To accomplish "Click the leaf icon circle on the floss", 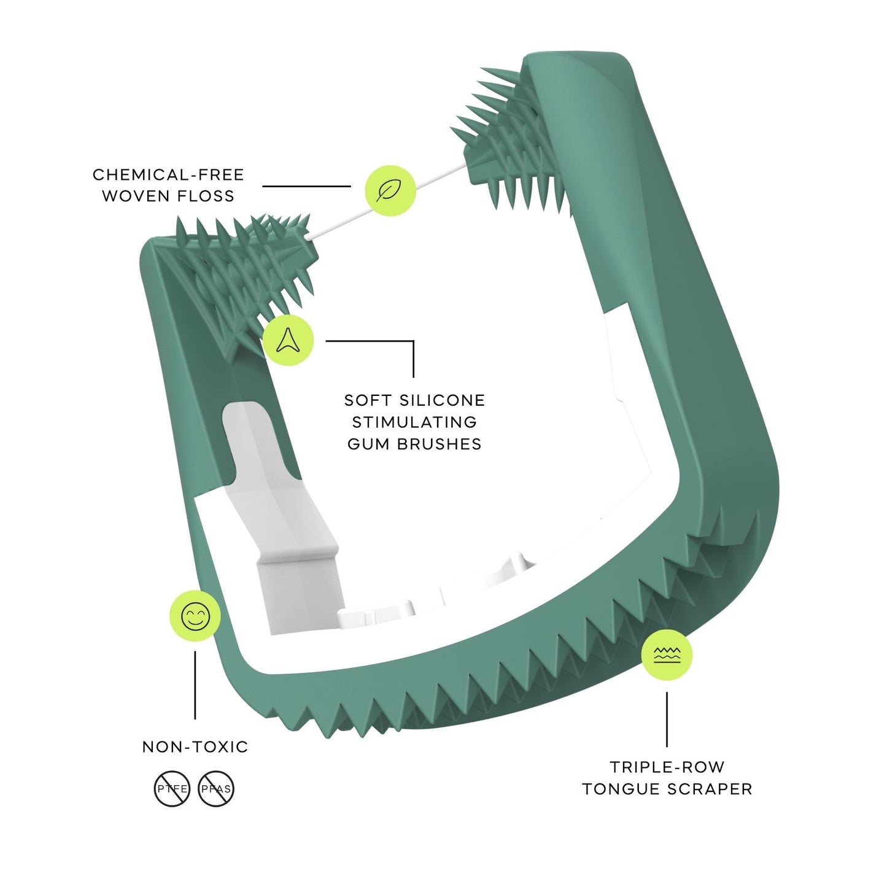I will pyautogui.click(x=390, y=190).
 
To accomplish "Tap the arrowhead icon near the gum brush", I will pyautogui.click(x=288, y=340).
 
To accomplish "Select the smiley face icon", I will pyautogui.click(x=195, y=616).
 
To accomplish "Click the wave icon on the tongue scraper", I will pyautogui.click(x=667, y=654).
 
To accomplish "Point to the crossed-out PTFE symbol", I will pyautogui.click(x=172, y=789).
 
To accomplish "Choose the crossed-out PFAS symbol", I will pyautogui.click(x=216, y=789).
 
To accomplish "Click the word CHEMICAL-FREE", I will pyautogui.click(x=169, y=175).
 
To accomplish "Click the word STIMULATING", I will pyautogui.click(x=414, y=422).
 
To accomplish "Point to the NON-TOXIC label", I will pyautogui.click(x=195, y=747).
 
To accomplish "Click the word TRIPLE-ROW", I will pyautogui.click(x=667, y=767).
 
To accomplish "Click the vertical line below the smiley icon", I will pyautogui.click(x=195, y=684).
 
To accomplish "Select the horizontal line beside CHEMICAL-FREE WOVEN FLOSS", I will pyautogui.click(x=306, y=186).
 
